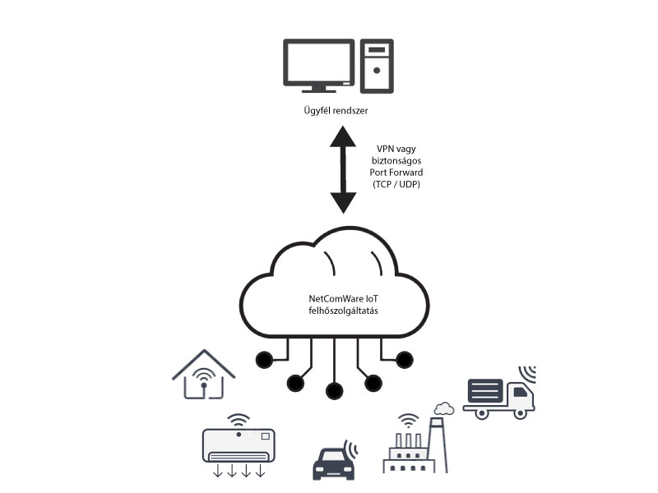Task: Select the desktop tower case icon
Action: (378, 66)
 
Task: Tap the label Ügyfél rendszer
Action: (336, 109)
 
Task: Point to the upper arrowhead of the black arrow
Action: (343, 140)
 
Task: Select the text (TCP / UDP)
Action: (396, 186)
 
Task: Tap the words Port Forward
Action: (396, 173)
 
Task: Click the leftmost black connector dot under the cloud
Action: (264, 359)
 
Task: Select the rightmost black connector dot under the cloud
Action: (404, 359)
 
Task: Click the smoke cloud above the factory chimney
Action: (444, 408)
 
